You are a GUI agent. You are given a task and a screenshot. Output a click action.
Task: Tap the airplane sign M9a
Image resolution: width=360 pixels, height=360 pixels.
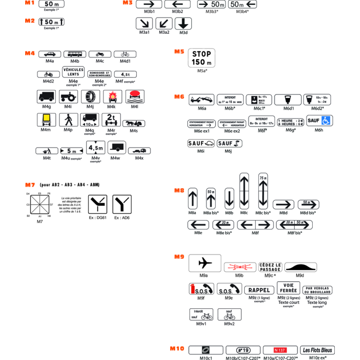[205, 263]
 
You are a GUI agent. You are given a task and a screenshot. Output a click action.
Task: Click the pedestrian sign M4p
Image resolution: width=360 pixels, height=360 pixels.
[68, 120]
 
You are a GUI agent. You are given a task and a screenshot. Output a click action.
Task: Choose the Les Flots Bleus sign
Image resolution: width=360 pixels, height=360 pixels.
[318, 350]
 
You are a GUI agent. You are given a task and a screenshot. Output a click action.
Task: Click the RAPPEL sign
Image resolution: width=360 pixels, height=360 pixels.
[259, 290]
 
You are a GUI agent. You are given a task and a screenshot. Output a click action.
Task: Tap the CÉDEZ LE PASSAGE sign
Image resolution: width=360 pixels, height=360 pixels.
[270, 267]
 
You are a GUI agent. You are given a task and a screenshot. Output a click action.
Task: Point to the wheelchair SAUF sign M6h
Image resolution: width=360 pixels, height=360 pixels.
[319, 121]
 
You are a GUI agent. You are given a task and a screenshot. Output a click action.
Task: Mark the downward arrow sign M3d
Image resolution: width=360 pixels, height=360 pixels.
[184, 23]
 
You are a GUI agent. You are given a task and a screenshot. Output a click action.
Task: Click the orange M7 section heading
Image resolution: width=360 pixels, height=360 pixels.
[30, 184]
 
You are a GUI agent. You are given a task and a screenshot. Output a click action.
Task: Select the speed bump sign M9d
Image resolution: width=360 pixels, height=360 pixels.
[301, 267]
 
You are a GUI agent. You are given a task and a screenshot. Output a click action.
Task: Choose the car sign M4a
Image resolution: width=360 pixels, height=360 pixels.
[49, 54]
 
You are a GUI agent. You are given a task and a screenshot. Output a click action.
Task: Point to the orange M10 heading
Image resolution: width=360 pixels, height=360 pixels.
[177, 348]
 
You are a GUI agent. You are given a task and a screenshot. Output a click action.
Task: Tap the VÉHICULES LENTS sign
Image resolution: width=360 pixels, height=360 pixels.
[73, 72]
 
